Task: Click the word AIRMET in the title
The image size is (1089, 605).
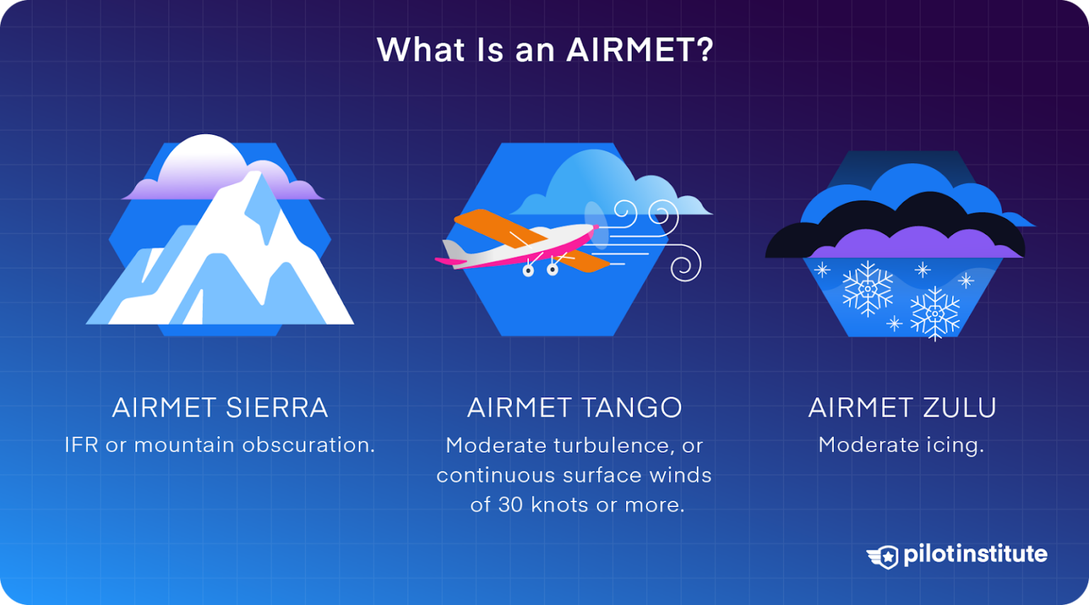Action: coord(630,50)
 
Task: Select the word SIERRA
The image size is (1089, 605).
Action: coord(277,408)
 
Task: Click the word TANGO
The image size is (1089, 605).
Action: coord(631,408)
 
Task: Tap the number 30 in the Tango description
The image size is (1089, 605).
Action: coord(510,505)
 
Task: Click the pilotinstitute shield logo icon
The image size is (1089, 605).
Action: coord(883,557)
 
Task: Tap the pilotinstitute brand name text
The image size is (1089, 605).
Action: coord(975,554)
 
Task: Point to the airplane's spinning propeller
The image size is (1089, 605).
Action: coord(596,225)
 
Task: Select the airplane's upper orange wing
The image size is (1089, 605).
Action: coord(496,225)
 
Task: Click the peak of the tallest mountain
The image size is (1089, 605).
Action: coord(254,174)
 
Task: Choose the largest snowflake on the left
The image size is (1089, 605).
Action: coord(867,289)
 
